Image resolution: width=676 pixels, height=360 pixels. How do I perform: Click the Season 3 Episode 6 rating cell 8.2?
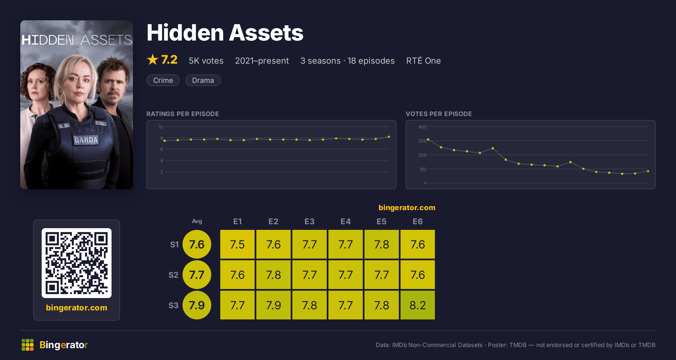[x=417, y=305]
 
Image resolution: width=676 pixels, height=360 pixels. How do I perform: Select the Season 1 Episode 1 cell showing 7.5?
[x=237, y=244]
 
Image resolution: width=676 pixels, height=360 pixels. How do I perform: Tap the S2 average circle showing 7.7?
[x=197, y=275]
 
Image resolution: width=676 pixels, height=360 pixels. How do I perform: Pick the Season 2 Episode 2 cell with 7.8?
[x=273, y=275]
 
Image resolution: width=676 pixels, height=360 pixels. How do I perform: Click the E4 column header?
[x=346, y=221]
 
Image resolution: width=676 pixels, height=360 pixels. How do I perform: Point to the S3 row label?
[x=174, y=305]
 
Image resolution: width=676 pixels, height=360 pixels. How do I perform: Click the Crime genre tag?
[x=163, y=80]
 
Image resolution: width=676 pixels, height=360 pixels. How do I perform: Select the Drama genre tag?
[x=203, y=80]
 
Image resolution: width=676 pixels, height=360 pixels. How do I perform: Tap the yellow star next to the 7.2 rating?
[x=153, y=59]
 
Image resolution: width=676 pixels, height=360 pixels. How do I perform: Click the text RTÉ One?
[x=423, y=60]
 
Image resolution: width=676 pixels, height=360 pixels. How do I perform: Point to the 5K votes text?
[x=206, y=61]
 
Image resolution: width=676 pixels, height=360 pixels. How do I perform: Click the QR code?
[x=77, y=263]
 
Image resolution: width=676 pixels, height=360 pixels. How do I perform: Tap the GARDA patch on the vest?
[x=86, y=140]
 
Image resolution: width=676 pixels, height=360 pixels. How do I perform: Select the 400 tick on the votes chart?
[x=422, y=127]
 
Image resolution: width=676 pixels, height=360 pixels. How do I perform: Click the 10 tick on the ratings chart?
[x=161, y=127]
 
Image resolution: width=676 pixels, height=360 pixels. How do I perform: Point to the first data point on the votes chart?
[x=428, y=139]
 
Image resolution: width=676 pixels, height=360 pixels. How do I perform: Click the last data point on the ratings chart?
[x=389, y=137]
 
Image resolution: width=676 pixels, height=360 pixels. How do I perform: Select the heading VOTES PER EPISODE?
[x=439, y=114]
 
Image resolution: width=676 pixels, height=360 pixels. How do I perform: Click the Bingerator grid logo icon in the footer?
[x=28, y=345]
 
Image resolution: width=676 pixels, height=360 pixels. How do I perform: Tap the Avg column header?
[x=197, y=221]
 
